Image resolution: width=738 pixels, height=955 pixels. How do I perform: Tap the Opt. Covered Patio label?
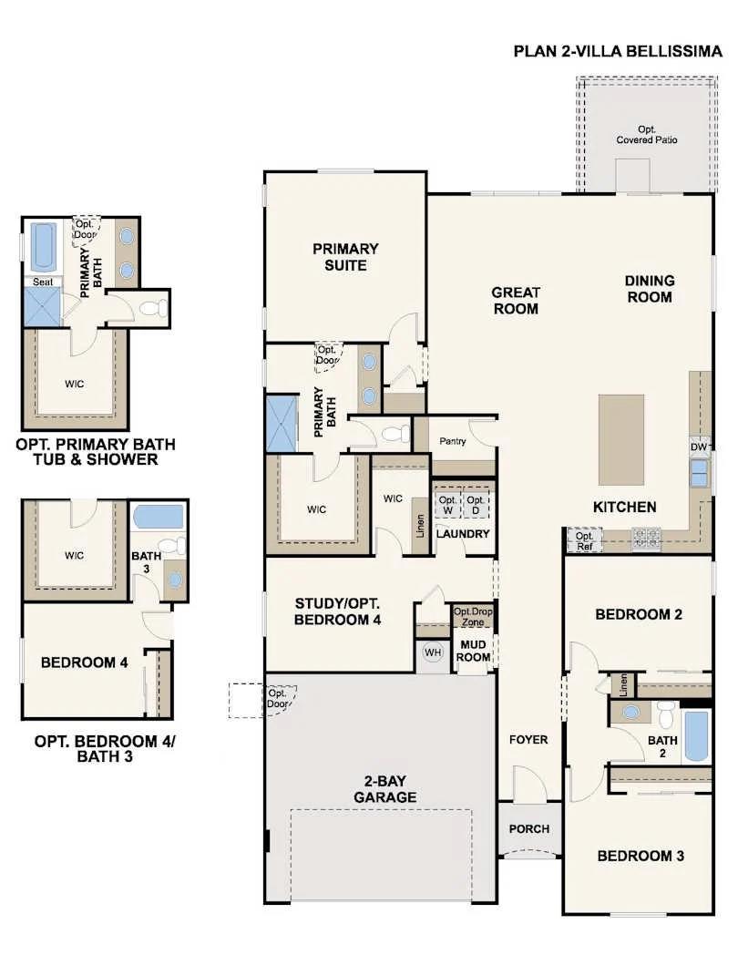(x=646, y=135)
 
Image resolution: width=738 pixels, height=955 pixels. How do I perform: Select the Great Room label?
(x=516, y=301)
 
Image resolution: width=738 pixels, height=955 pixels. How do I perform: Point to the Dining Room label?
(x=649, y=289)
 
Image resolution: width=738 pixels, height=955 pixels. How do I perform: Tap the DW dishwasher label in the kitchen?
(x=700, y=447)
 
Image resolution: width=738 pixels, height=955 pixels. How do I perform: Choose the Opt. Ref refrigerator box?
(x=584, y=540)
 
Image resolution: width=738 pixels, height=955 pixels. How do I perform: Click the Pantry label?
(x=453, y=441)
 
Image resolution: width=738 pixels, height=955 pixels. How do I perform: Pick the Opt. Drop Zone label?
(x=473, y=616)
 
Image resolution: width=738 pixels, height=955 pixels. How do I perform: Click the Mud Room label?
(x=474, y=651)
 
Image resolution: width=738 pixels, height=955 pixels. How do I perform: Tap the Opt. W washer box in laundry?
(x=447, y=506)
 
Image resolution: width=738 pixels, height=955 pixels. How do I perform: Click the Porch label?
(x=529, y=828)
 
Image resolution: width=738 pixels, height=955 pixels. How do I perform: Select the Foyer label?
(x=528, y=739)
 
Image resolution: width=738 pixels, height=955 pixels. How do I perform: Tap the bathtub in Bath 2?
(x=696, y=735)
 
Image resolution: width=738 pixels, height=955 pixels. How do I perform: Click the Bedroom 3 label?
(x=641, y=856)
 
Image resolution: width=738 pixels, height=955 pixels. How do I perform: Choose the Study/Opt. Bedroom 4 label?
(x=337, y=611)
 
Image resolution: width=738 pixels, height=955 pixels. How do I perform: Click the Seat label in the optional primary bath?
(x=43, y=282)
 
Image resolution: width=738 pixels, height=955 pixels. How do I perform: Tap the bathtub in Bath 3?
(x=159, y=518)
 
